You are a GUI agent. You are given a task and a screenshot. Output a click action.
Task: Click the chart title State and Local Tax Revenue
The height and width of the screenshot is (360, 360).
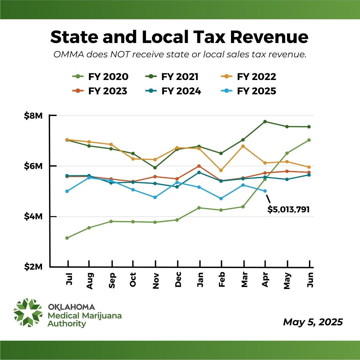tap(180, 37)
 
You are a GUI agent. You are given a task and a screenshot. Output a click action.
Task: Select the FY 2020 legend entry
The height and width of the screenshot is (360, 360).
tap(100, 77)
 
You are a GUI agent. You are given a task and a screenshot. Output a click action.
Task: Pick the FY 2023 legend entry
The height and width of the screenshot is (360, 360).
tap(100, 91)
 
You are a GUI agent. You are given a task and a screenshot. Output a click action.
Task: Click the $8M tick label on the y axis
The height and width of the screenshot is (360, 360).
tap(33, 116)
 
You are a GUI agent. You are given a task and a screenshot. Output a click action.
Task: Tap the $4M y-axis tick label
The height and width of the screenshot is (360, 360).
tap(33, 217)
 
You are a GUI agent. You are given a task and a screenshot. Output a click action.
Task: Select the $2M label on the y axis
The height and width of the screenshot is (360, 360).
tap(33, 267)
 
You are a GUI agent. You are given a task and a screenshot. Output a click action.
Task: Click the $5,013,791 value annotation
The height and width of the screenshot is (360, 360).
tap(289, 210)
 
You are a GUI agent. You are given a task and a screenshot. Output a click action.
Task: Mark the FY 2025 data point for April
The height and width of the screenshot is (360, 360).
tap(265, 191)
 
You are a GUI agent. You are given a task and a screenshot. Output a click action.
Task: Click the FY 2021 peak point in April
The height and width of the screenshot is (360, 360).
tap(265, 122)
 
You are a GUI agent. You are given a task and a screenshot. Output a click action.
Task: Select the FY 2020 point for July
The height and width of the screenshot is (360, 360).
tap(67, 238)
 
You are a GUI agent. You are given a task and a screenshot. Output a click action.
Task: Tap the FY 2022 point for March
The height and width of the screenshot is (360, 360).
tap(243, 146)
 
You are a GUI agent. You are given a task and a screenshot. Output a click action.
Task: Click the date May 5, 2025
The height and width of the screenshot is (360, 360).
tap(313, 322)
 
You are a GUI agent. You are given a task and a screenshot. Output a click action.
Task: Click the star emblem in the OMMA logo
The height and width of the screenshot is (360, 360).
tap(28, 313)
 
